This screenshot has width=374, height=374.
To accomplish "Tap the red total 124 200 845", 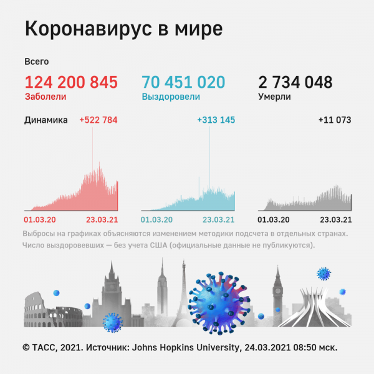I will [71, 82].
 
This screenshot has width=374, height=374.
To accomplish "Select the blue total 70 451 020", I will [183, 82].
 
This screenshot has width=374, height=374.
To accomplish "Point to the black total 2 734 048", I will [295, 82].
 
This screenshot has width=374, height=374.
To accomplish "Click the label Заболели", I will [45, 97].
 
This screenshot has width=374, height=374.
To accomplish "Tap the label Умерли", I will [274, 97].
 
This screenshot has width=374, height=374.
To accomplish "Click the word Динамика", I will [46, 120].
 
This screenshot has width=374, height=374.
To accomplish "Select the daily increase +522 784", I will [98, 120].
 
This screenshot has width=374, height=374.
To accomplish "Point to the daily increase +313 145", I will [216, 120].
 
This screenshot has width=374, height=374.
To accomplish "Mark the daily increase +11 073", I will [334, 120].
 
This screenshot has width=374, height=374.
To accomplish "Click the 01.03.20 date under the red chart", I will [40, 219].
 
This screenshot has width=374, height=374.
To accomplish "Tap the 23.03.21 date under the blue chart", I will [219, 219].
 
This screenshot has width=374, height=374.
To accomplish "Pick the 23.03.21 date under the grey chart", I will [336, 219].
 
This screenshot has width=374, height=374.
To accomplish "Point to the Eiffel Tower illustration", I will [184, 293].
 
